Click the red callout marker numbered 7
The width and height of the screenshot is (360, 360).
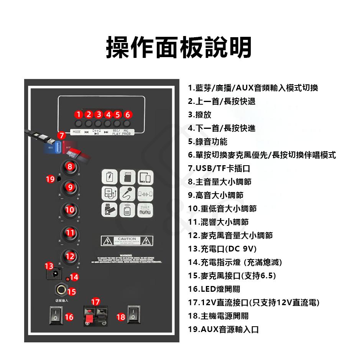tap(61, 135)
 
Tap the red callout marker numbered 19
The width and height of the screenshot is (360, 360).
tap(50, 179)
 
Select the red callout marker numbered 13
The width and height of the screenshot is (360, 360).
tap(49, 266)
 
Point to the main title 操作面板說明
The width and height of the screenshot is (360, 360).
tap(179, 48)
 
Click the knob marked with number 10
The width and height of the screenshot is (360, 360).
tap(70, 210)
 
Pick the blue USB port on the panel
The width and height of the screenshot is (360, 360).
tap(58, 146)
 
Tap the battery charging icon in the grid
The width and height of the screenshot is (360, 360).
tap(109, 178)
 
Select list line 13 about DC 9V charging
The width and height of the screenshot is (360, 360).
tap(222, 249)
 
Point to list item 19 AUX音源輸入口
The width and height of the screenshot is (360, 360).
tap(223, 329)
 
